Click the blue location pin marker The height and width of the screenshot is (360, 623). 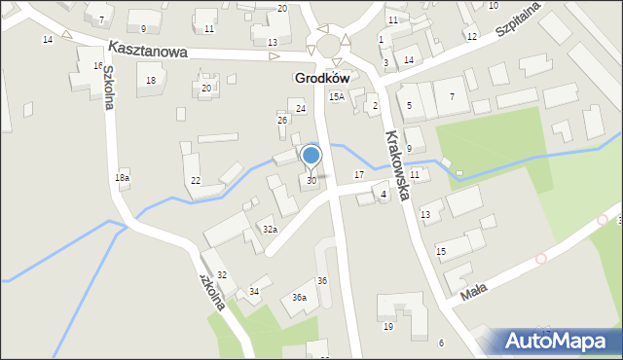click(x=311, y=156)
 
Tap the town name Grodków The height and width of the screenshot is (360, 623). click(x=321, y=77)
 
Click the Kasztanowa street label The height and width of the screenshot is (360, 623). click(x=148, y=49)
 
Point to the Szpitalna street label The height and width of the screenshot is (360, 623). click(x=517, y=19)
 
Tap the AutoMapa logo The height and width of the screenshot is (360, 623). click(x=561, y=341)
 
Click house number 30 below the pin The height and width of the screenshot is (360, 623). click(x=311, y=181)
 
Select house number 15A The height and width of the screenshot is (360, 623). click(x=336, y=97)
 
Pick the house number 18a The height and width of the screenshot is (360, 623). click(x=122, y=177)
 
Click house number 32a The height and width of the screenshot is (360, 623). click(x=270, y=230)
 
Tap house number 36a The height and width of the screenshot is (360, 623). click(x=299, y=298)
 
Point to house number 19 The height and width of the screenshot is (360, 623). click(x=388, y=327)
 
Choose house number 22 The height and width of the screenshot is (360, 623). click(x=196, y=181)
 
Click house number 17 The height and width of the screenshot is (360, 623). click(x=359, y=174)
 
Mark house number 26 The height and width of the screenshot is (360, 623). click(x=282, y=120)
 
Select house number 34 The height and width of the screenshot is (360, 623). click(x=255, y=292)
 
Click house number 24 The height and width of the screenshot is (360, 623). click(x=301, y=109)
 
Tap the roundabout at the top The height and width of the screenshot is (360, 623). click(x=328, y=46)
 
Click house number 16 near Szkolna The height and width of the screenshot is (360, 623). click(x=98, y=66)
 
